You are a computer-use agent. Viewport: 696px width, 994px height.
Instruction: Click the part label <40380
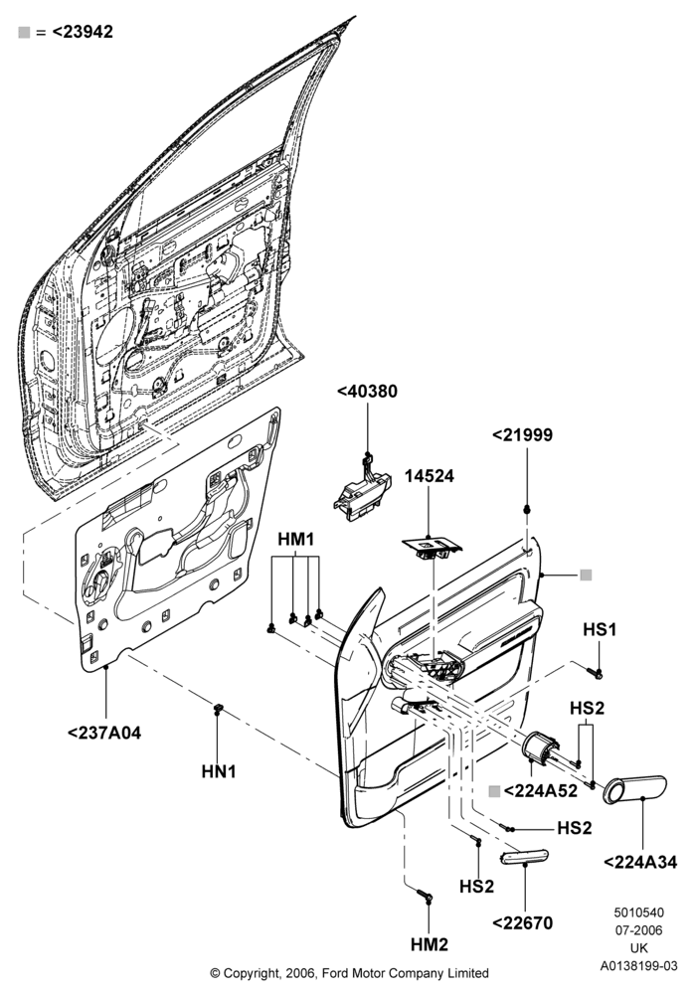pyautogui.click(x=367, y=391)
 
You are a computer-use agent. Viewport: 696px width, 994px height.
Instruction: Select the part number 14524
pyautogui.click(x=430, y=475)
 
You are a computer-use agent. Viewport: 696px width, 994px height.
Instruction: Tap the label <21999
pyautogui.click(x=522, y=435)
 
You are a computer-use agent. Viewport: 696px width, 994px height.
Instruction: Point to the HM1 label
pyautogui.click(x=295, y=540)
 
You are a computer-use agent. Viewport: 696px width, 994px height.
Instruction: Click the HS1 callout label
pyautogui.click(x=600, y=629)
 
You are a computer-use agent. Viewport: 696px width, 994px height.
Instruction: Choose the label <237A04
pyautogui.click(x=104, y=733)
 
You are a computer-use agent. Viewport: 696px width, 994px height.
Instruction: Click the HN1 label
pyautogui.click(x=218, y=771)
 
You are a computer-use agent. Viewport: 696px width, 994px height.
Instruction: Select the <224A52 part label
pyautogui.click(x=541, y=790)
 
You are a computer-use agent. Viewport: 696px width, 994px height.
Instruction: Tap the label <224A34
pyautogui.click(x=640, y=862)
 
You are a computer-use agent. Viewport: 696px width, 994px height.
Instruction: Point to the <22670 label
pyautogui.click(x=523, y=923)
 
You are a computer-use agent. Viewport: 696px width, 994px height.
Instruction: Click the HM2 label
pyautogui.click(x=430, y=944)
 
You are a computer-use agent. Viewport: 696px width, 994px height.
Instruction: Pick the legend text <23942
pyautogui.click(x=82, y=32)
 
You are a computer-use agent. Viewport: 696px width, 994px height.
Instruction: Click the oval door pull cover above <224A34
pyautogui.click(x=634, y=789)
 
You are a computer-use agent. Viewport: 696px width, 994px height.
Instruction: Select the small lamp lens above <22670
pyautogui.click(x=524, y=857)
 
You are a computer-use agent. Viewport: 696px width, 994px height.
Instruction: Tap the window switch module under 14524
pyautogui.click(x=433, y=547)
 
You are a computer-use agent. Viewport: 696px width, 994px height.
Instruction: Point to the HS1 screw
pyautogui.click(x=594, y=672)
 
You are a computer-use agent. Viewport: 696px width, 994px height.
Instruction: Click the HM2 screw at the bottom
pyautogui.click(x=425, y=896)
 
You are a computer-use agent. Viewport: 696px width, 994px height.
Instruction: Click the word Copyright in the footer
pyautogui.click(x=251, y=973)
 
